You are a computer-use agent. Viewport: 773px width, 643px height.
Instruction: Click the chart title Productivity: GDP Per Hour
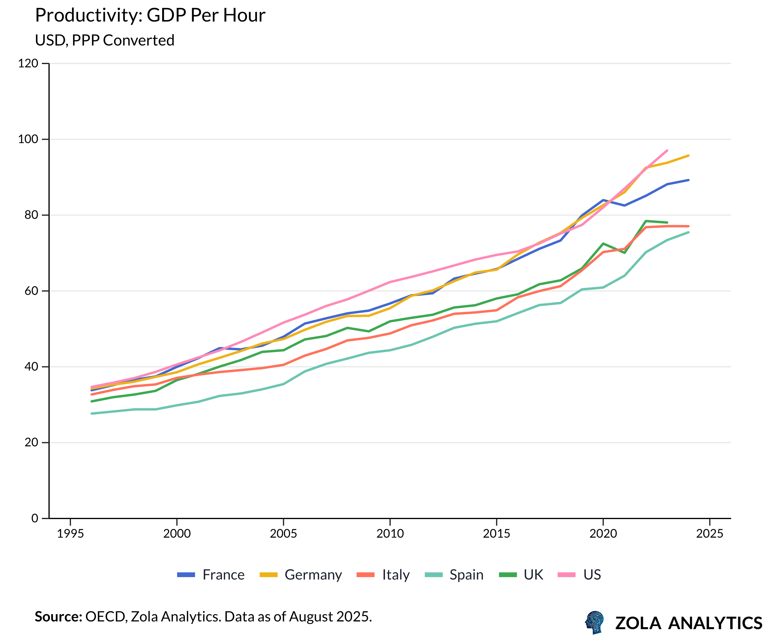[150, 16]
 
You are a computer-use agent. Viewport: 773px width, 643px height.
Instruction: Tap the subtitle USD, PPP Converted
[104, 40]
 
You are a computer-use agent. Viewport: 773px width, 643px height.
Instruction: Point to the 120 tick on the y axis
[28, 63]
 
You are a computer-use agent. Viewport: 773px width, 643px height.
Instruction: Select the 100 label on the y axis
[28, 139]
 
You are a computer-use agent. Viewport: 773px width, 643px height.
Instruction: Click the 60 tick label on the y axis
[31, 291]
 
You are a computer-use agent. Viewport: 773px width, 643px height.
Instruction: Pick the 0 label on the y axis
[35, 518]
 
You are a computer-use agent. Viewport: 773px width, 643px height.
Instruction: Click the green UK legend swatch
[508, 575]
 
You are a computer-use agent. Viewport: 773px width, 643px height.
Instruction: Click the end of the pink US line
[667, 151]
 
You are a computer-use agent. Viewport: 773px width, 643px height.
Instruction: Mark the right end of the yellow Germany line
[688, 156]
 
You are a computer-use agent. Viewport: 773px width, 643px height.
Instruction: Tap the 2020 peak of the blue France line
[603, 200]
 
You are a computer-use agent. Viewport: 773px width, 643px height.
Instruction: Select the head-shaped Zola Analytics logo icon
[594, 622]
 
